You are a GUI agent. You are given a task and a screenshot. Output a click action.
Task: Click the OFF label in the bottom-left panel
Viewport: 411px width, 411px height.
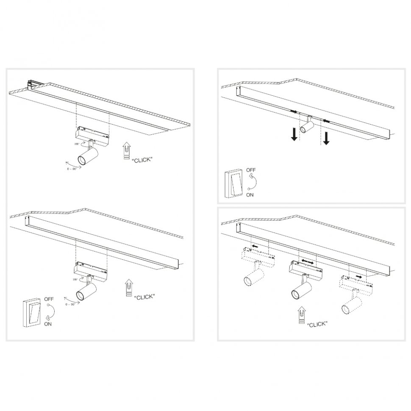coord(49,300)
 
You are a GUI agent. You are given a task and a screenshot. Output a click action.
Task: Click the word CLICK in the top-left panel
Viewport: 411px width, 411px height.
coord(142,160)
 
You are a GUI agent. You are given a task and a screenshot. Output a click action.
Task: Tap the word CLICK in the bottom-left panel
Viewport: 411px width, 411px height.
coord(144,297)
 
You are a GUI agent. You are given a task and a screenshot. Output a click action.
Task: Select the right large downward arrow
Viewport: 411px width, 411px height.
coord(326,138)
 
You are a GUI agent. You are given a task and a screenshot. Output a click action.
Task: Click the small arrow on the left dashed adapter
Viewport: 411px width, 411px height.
coord(255,246)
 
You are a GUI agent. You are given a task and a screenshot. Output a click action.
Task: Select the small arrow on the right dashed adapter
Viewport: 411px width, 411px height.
coord(358,277)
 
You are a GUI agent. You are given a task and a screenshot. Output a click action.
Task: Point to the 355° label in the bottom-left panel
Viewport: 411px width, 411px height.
coord(75,279)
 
